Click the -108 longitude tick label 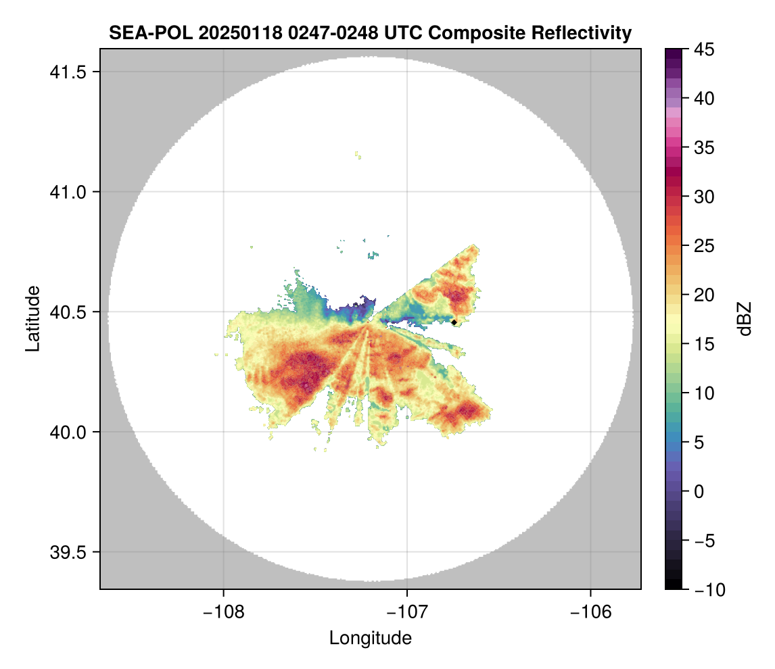(223, 612)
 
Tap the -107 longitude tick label (407, 612)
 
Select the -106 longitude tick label (591, 612)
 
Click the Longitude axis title (370, 638)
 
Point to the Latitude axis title (32, 318)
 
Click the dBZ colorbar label (745, 318)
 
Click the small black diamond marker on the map (454, 322)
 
